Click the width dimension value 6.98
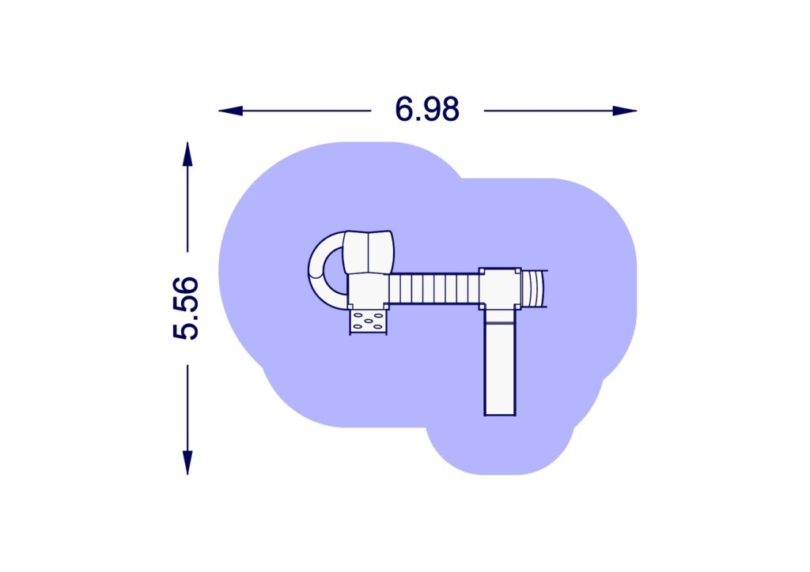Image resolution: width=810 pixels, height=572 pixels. pyautogui.click(x=427, y=110)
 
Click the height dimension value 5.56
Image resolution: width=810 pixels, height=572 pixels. pyautogui.click(x=186, y=308)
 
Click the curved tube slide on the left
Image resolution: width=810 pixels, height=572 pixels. pyautogui.click(x=320, y=273)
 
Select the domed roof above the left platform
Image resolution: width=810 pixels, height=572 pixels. pyautogui.click(x=369, y=251)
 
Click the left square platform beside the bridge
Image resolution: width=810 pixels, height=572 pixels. pyautogui.click(x=368, y=291)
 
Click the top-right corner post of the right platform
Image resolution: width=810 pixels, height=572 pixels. pyautogui.click(x=517, y=271)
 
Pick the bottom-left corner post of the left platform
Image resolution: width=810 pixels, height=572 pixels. pyautogui.click(x=351, y=307)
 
